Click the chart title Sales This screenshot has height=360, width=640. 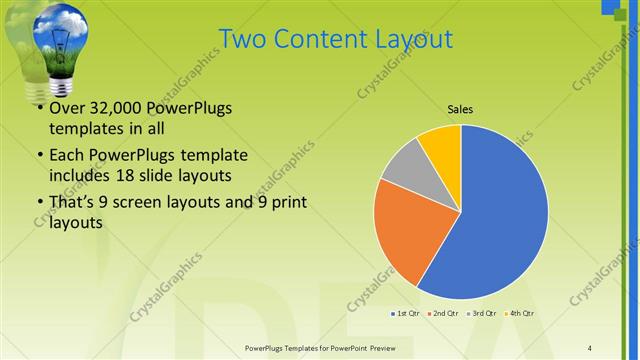[460, 109]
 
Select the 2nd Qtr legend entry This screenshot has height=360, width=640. [445, 313]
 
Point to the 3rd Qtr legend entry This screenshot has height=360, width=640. [484, 313]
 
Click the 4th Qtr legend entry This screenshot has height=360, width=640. [521, 313]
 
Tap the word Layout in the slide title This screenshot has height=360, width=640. [407, 39]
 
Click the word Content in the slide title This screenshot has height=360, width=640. [311, 39]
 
